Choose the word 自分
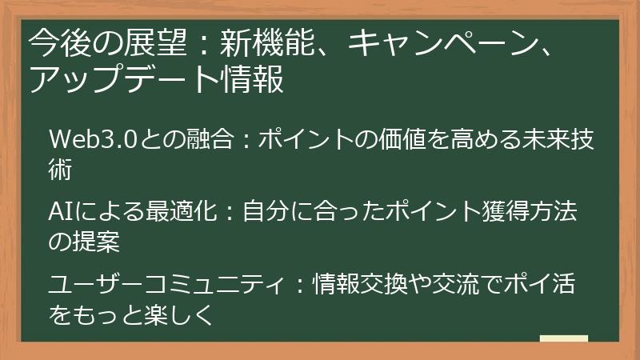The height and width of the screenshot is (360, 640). (x=276, y=213)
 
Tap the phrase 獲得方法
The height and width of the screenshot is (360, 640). (x=533, y=213)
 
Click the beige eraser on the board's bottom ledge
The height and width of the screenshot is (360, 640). (x=564, y=339)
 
